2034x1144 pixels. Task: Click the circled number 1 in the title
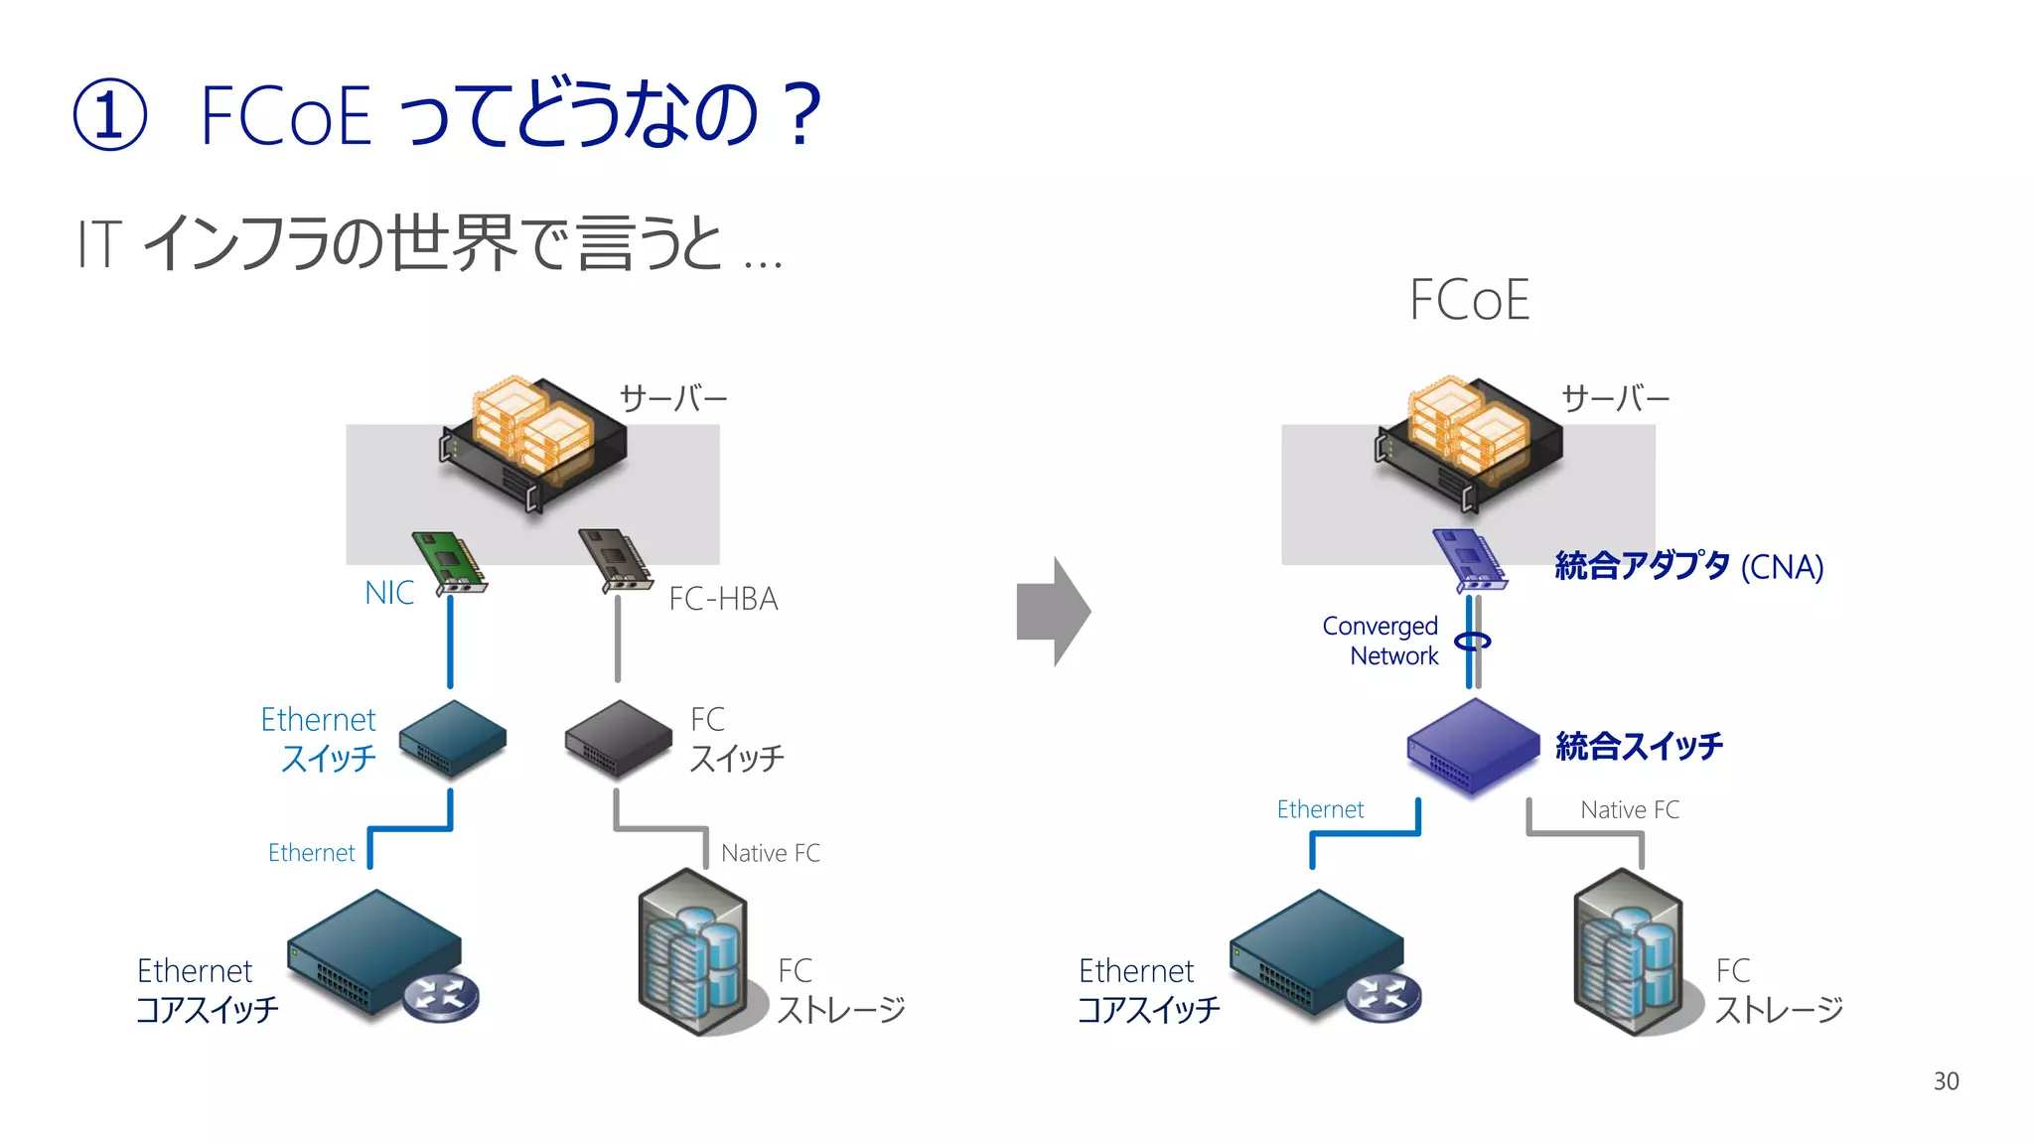pos(110,114)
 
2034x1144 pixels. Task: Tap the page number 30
pos(1946,1081)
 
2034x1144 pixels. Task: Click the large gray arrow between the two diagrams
pos(1054,612)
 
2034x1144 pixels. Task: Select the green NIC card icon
pos(450,563)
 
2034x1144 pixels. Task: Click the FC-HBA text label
pos(723,599)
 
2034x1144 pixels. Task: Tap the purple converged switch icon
pos(1473,746)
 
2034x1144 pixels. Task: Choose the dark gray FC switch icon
pos(618,738)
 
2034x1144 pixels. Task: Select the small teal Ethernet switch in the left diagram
pos(453,738)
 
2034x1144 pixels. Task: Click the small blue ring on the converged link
pos(1473,642)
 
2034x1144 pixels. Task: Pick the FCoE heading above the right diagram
pos(1469,300)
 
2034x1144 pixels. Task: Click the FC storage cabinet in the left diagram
pos(692,952)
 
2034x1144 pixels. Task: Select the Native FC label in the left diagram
pos(770,853)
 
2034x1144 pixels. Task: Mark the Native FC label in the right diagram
pos(1629,810)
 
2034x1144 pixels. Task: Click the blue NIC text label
pos(389,593)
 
